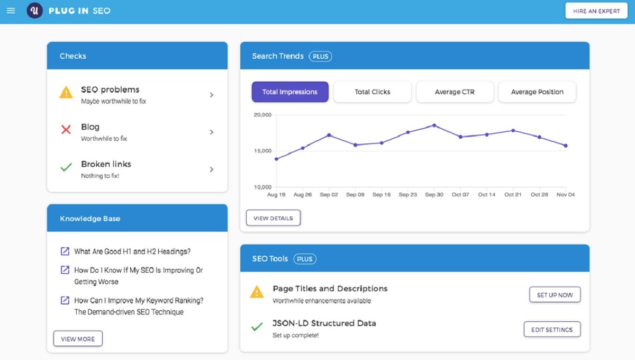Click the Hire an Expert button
coord(596,11)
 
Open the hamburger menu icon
coord(11,11)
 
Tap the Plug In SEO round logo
coord(35,11)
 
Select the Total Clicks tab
coord(373,92)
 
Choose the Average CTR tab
coord(455,92)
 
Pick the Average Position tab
coord(537,92)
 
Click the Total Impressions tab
coord(290,92)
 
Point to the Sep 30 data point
coord(434,125)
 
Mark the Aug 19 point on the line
coord(276,159)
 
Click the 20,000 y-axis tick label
coord(262,115)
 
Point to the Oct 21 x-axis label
coord(513,195)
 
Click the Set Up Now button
coord(555,295)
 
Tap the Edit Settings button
coord(552,329)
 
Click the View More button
coord(78,339)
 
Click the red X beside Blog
coord(66,130)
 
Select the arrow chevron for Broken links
coord(212,169)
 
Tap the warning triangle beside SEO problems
coord(66,93)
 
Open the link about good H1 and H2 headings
coord(132,251)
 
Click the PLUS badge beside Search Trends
coord(320,56)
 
